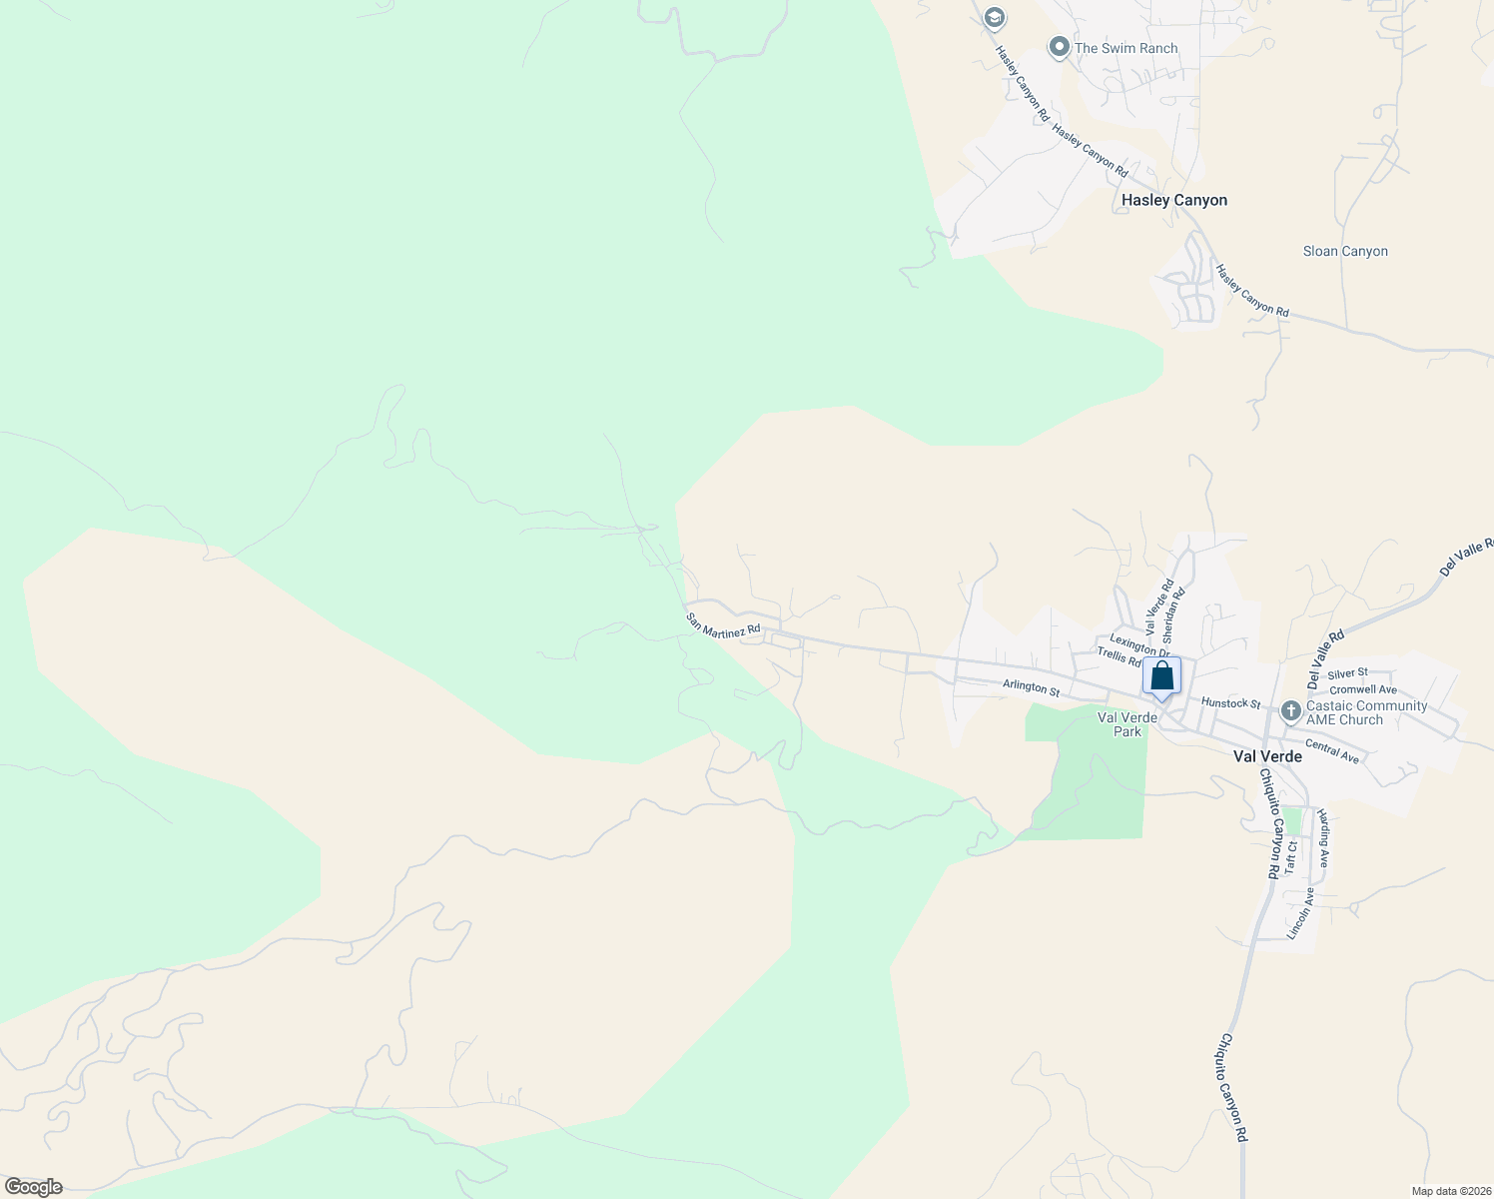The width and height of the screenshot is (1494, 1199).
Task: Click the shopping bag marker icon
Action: pyautogui.click(x=1161, y=676)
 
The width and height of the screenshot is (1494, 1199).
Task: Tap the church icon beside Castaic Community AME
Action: pyautogui.click(x=1290, y=712)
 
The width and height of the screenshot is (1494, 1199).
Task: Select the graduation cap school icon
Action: pyautogui.click(x=993, y=17)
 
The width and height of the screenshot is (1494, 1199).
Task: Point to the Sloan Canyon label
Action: pyautogui.click(x=1345, y=251)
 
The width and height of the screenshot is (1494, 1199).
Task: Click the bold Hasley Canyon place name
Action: pyautogui.click(x=1173, y=200)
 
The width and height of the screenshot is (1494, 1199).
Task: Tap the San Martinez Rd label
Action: pyautogui.click(x=723, y=625)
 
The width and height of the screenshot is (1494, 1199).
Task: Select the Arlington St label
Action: pyautogui.click(x=1031, y=688)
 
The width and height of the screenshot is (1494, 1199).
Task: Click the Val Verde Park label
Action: pyautogui.click(x=1126, y=724)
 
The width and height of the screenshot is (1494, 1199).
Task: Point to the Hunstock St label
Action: pyautogui.click(x=1230, y=703)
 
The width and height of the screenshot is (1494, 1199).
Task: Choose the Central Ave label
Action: pyautogui.click(x=1332, y=752)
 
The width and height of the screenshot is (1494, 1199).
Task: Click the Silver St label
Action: pyautogui.click(x=1347, y=673)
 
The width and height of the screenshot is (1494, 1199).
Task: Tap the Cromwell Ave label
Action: pyautogui.click(x=1362, y=689)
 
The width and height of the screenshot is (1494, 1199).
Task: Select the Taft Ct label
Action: pyautogui.click(x=1291, y=858)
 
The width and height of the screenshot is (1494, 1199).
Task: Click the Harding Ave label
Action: pyautogui.click(x=1323, y=837)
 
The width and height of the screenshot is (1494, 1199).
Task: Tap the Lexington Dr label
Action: pyautogui.click(x=1138, y=645)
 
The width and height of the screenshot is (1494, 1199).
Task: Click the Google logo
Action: pyautogui.click(x=34, y=1187)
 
